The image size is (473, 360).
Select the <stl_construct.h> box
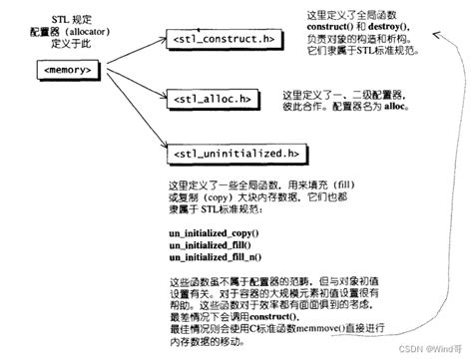[x=217, y=39]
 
